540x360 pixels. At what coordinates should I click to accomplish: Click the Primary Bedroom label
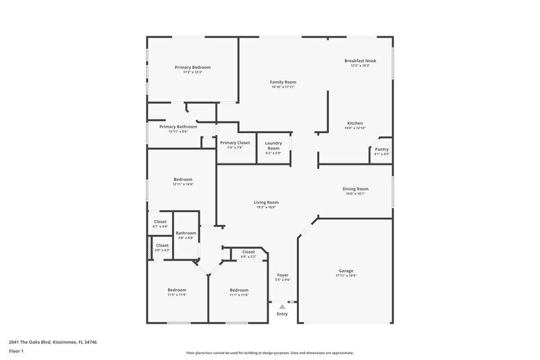192,68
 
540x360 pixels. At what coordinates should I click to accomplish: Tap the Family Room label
283,82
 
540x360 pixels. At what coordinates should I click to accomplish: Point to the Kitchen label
355,124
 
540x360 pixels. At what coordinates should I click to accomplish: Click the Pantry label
381,149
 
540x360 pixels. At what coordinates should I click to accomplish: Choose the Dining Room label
355,189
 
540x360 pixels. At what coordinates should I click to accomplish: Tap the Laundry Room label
273,145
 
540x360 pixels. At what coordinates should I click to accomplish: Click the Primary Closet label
235,143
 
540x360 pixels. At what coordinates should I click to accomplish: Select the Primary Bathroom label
178,127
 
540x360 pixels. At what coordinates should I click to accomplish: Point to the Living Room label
266,203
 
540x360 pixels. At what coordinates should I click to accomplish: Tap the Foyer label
283,275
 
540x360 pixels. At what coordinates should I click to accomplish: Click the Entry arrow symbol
282,307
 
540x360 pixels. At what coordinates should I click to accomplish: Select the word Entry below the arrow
282,314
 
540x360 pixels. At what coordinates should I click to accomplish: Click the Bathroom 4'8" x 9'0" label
186,233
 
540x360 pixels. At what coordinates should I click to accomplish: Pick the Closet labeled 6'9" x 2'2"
248,252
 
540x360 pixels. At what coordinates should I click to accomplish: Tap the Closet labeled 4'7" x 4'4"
160,222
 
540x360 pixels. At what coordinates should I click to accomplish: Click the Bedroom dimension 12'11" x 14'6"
182,184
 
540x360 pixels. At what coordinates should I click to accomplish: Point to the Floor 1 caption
16,352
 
